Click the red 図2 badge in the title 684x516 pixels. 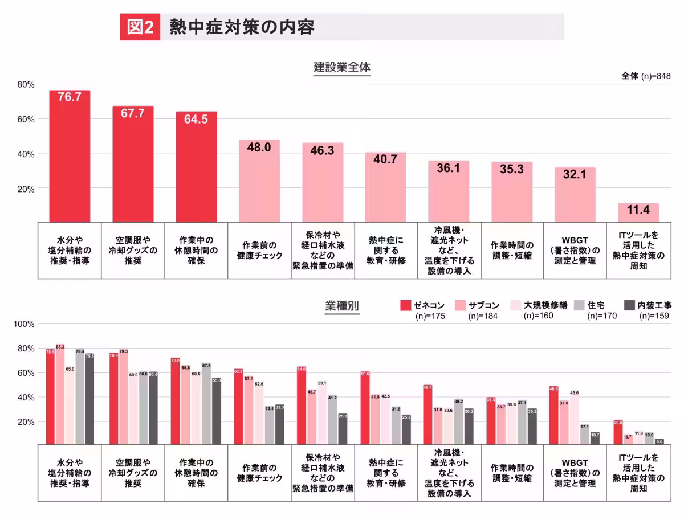[x=140, y=27]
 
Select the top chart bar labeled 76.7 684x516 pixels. [x=70, y=156]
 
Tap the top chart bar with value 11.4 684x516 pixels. [x=638, y=212]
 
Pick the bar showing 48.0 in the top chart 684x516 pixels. [x=259, y=181]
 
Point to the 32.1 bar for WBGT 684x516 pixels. [x=575, y=194]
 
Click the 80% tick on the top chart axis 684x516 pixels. [x=26, y=84]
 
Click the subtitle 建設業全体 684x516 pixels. [x=342, y=67]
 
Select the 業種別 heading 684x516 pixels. [x=342, y=306]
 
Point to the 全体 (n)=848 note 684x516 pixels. [x=646, y=76]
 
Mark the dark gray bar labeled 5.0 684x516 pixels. [x=659, y=441]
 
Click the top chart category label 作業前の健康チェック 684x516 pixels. [x=259, y=251]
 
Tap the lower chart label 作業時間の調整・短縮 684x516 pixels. [x=512, y=473]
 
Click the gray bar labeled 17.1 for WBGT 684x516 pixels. [x=584, y=433]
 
